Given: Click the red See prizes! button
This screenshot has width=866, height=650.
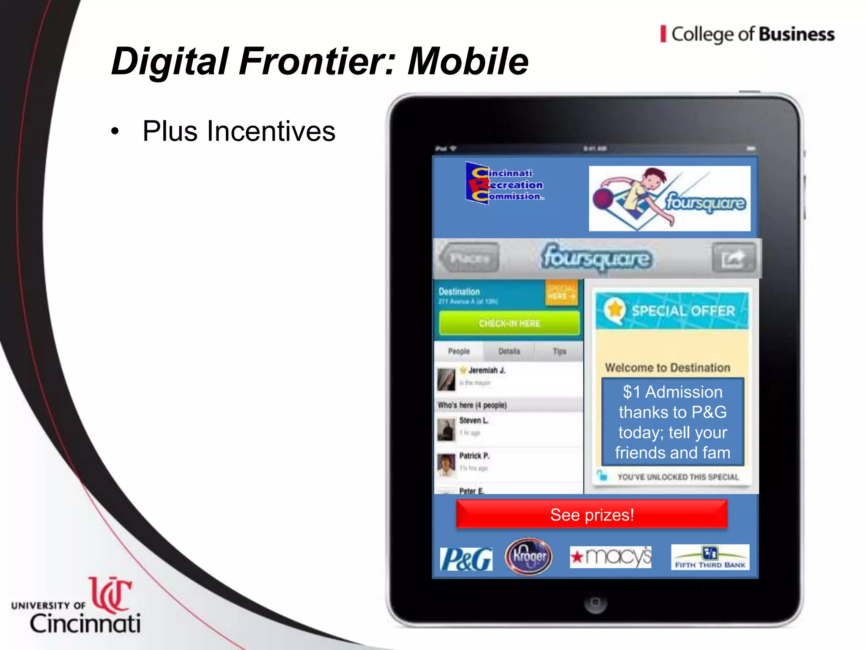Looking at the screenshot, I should (x=592, y=515).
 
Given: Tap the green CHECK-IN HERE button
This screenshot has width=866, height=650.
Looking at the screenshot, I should (x=509, y=323).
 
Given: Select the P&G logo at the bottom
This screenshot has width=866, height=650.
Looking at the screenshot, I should (x=466, y=559).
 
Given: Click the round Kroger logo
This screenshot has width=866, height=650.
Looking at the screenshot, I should (x=529, y=556).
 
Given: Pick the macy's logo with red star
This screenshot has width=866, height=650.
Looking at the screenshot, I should (x=611, y=557).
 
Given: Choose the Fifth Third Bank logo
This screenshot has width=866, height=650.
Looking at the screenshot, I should (x=710, y=557).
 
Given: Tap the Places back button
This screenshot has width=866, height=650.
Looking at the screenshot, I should (x=469, y=258).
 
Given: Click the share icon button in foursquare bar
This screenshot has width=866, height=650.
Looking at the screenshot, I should (x=733, y=258).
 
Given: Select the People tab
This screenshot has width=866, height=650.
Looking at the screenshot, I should (x=459, y=351).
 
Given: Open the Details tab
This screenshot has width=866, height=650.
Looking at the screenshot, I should (x=509, y=351).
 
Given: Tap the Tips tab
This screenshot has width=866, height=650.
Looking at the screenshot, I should (x=559, y=351).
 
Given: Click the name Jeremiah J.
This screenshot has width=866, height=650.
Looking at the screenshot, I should (x=487, y=370).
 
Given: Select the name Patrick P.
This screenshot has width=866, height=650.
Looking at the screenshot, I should (x=474, y=456).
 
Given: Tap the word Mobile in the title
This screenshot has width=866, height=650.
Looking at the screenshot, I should (x=468, y=61).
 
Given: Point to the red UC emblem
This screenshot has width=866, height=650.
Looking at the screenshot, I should (x=110, y=594).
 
